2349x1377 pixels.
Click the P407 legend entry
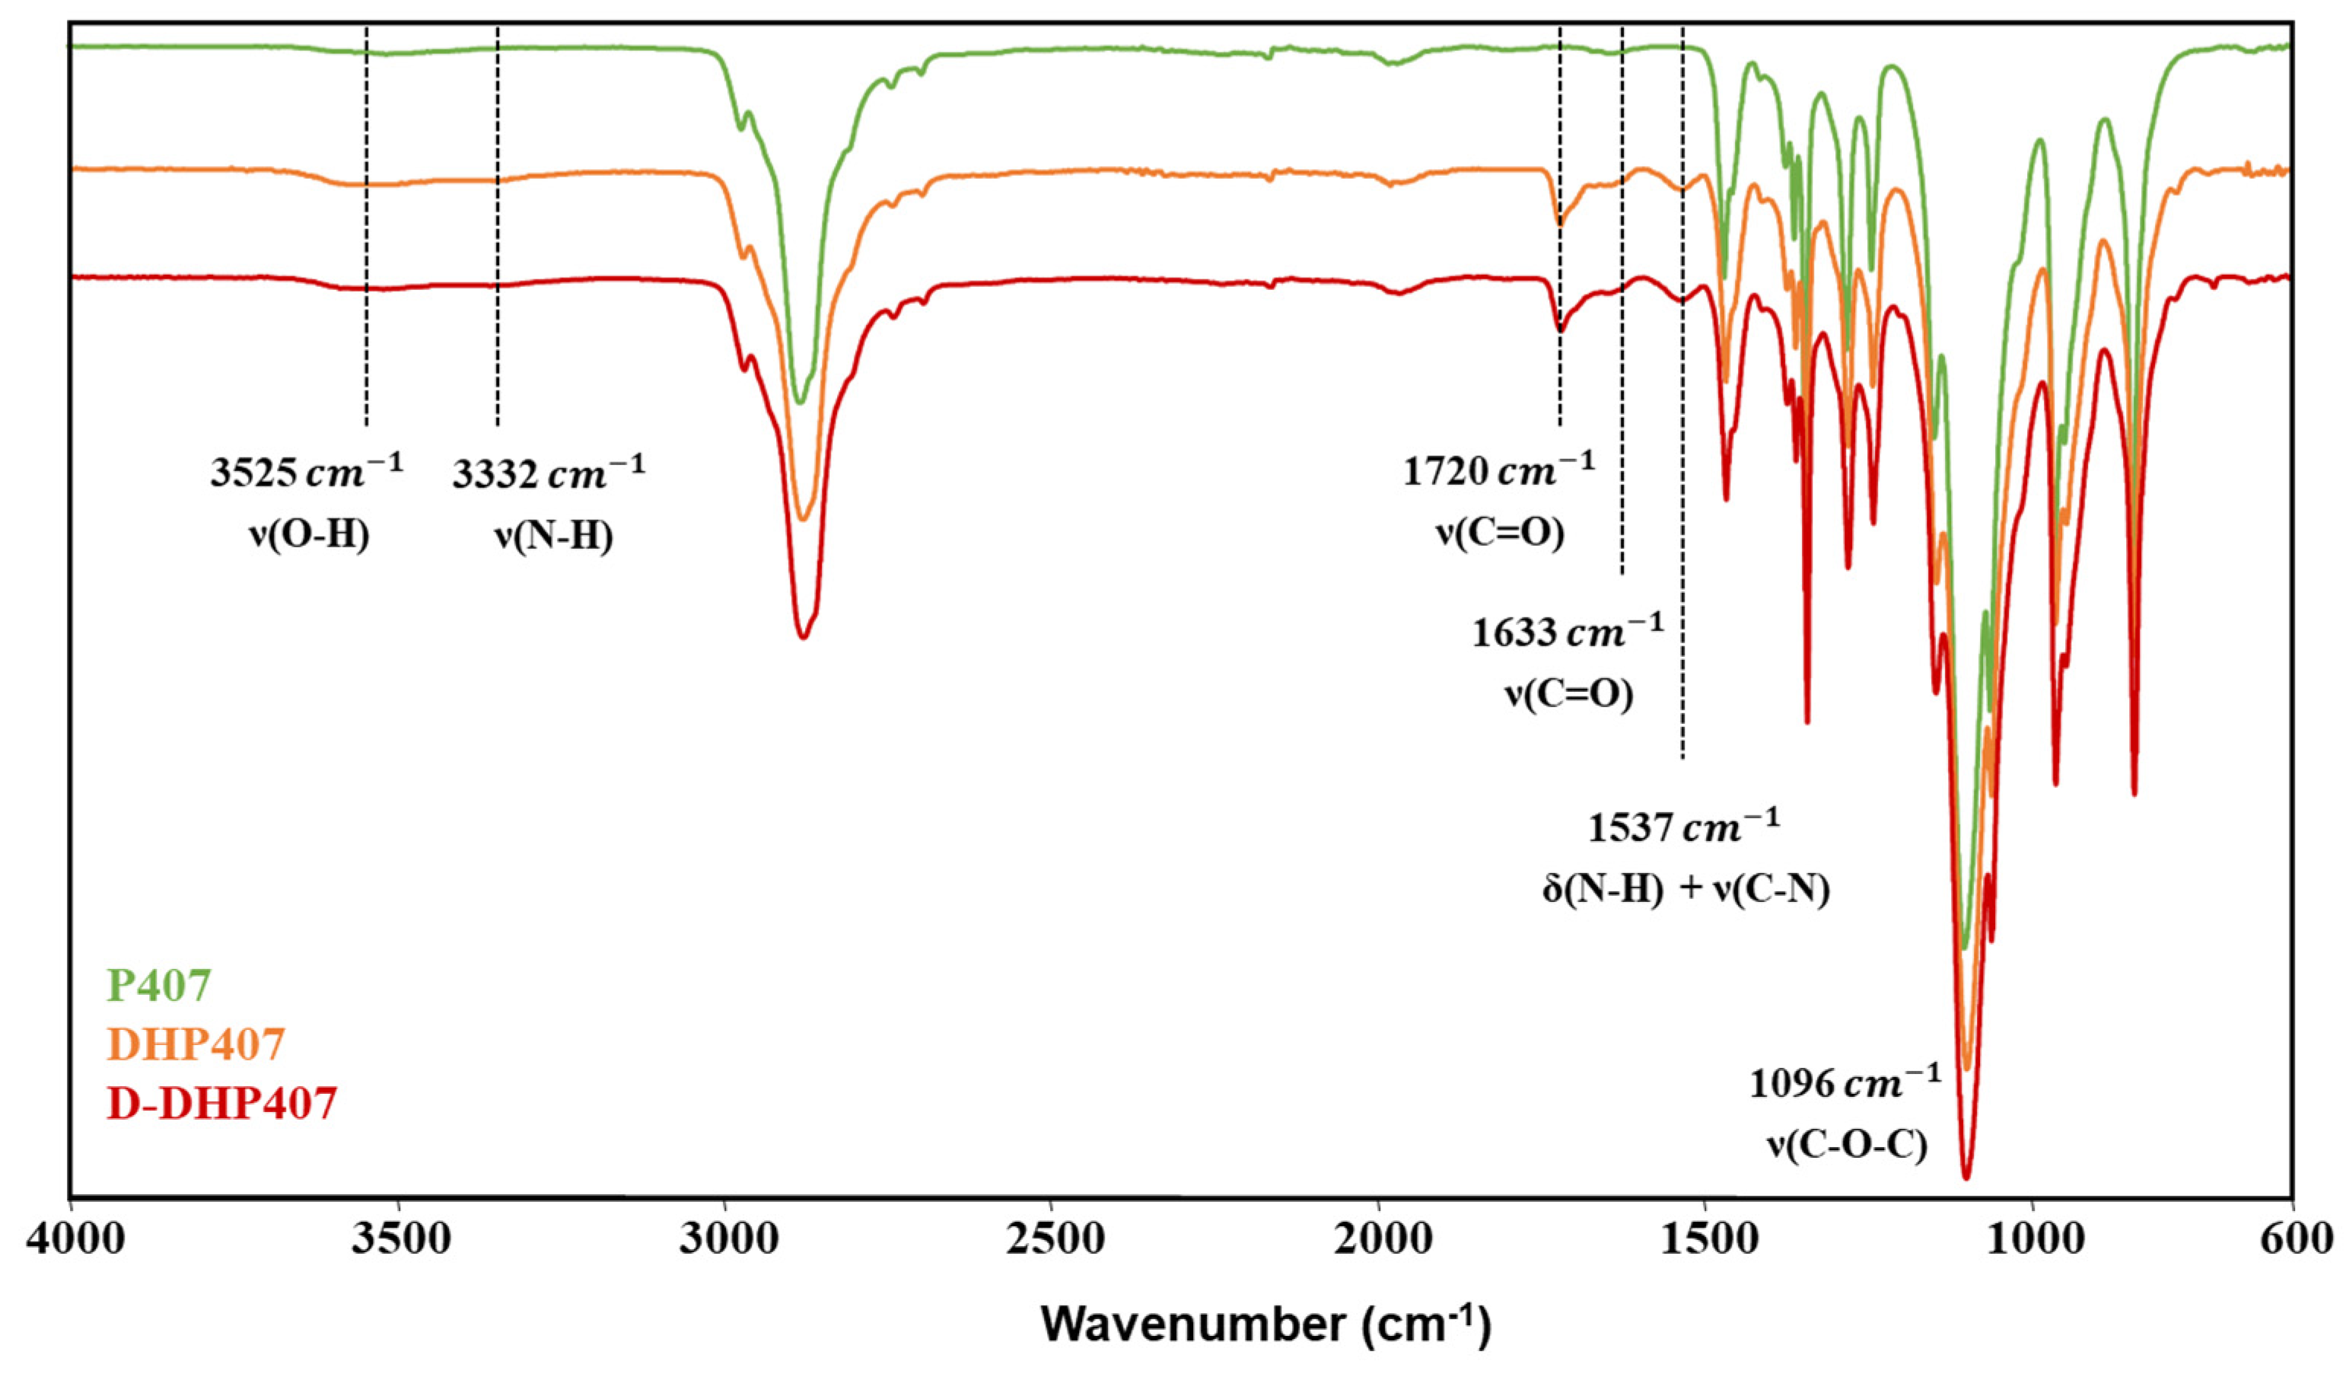coord(159,984)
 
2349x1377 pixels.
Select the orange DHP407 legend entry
coord(196,1044)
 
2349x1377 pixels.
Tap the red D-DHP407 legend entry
coord(222,1104)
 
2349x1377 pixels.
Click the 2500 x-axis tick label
coord(1052,1243)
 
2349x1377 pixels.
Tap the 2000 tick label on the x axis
coord(1379,1243)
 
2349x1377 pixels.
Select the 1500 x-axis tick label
coord(1705,1243)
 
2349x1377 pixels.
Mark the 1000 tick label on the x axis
coord(2032,1243)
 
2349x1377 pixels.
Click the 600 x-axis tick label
coord(2295,1243)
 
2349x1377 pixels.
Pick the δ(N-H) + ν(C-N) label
coord(1685,888)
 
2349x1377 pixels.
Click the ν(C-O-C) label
coord(1847,1146)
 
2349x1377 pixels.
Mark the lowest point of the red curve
coord(1966,1178)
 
